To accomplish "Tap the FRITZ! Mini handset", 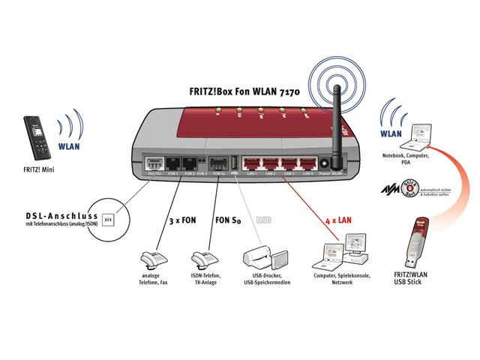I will tap(37, 136).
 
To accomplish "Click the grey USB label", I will tap(264, 220).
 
